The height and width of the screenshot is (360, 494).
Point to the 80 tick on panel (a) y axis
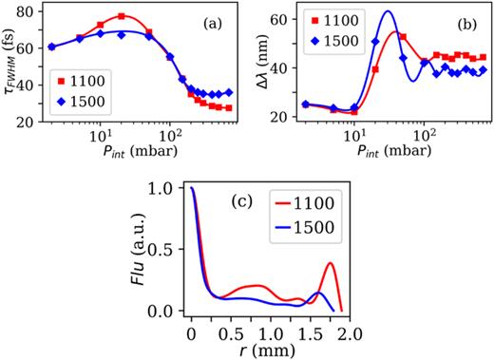click(x=31, y=11)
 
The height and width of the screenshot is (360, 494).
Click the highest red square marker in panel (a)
click(x=122, y=16)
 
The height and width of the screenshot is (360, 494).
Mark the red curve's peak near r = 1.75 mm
click(x=330, y=263)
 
